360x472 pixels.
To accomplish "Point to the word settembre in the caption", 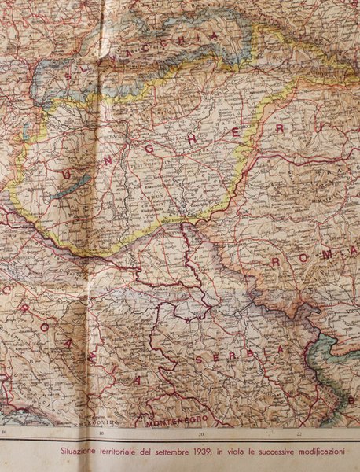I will (x=166, y=451).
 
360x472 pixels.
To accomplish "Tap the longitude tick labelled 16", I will (x=5, y=433).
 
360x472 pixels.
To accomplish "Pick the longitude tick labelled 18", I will (x=101, y=433).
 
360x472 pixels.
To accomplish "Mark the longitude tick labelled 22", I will (x=299, y=433).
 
